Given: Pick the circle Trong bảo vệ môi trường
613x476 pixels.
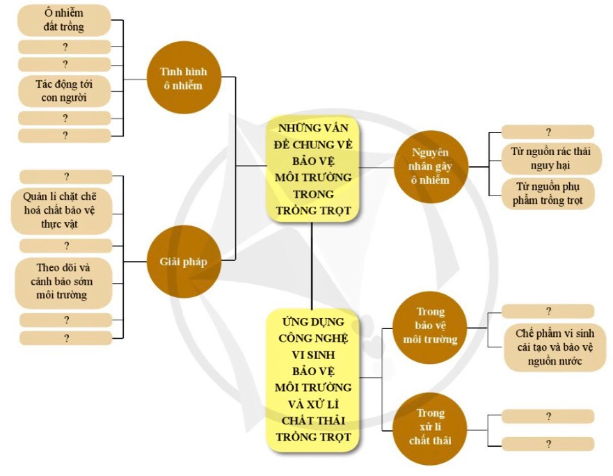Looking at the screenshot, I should pyautogui.click(x=429, y=326).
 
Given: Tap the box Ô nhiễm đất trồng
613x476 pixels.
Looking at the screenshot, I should pyautogui.click(x=63, y=20).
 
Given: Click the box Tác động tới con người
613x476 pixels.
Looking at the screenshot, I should pyautogui.click(x=63, y=91).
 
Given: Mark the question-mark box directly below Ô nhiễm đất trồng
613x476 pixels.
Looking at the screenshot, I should pyautogui.click(x=65, y=47).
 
